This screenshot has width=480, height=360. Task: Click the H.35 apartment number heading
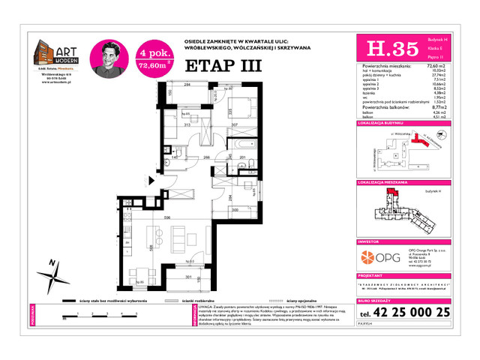382,49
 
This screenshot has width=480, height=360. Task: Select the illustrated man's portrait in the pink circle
107,57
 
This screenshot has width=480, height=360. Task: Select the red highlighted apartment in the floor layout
391,196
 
